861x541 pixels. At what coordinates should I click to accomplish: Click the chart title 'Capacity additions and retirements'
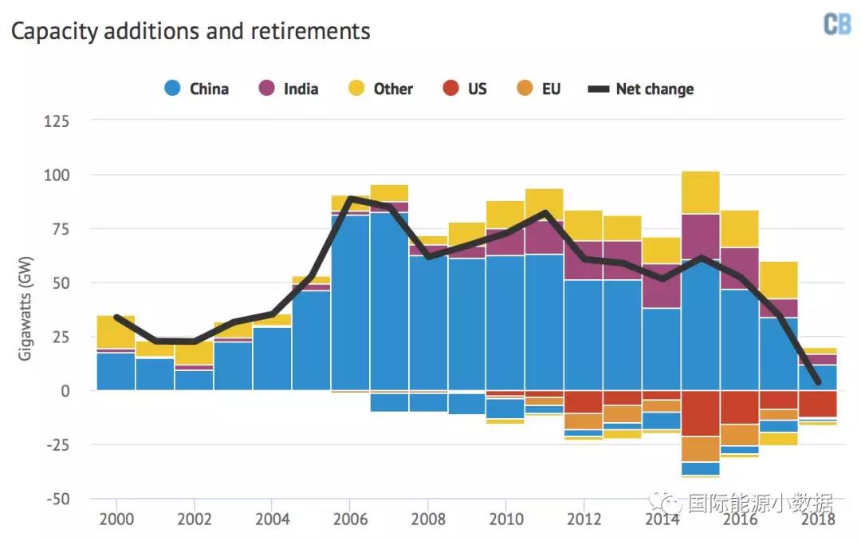click(190, 31)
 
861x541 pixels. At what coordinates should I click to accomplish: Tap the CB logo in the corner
click(836, 25)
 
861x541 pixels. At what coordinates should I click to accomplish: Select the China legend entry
click(196, 89)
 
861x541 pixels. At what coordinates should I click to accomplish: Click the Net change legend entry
click(641, 89)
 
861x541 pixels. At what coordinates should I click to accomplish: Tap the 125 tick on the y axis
click(57, 121)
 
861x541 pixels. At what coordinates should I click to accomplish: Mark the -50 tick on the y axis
click(57, 499)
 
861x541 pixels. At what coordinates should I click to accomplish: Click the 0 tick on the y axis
click(65, 391)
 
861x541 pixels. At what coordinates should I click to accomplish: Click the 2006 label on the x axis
click(350, 519)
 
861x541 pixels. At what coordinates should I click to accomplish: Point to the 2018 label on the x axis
click(818, 519)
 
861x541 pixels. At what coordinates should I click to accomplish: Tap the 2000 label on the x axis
click(116, 519)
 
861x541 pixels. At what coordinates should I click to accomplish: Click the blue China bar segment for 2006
click(350, 303)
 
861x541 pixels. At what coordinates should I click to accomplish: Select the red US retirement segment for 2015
click(701, 413)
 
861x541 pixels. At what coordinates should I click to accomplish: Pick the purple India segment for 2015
click(701, 236)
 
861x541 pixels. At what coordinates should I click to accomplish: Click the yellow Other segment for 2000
click(116, 331)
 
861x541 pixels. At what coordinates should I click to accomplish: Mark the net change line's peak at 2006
click(350, 198)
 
